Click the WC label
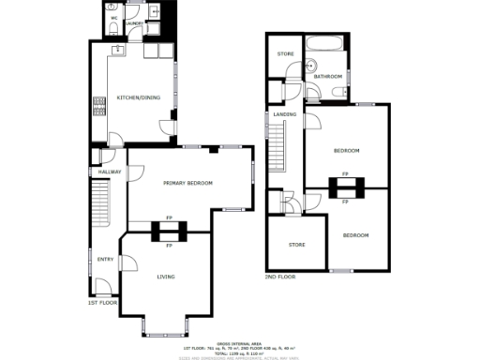pos(113,18)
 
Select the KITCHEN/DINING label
pos(136,97)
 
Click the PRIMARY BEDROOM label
pos(187,183)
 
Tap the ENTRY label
pos(104,260)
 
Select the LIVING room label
pos(166,277)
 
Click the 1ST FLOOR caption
pos(102,304)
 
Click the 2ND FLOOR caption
pos(279,277)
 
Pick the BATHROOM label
pos(328,76)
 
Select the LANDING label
pos(285,115)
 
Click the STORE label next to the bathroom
pos(285,54)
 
